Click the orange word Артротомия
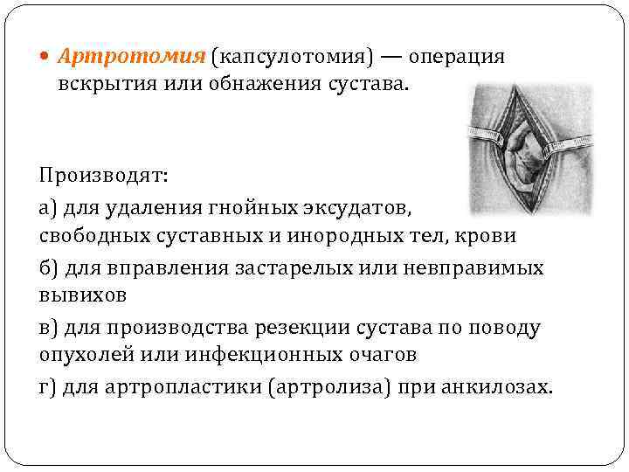131,57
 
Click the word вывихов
83,295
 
